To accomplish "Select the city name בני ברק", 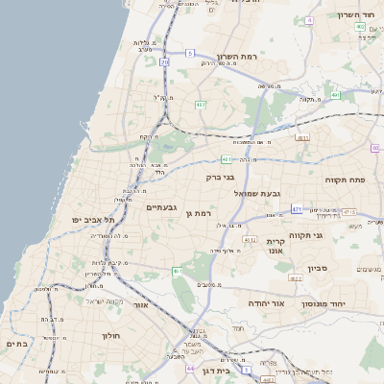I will (220, 177).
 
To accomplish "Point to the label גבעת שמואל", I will (257, 193).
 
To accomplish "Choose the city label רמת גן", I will (196, 213).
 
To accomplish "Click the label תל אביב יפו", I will (93, 220).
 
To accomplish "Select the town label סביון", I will (318, 268).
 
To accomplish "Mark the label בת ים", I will (18, 342).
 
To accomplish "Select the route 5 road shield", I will (190, 53).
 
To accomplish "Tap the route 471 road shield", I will (298, 208).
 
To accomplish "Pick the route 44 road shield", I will (191, 368).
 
